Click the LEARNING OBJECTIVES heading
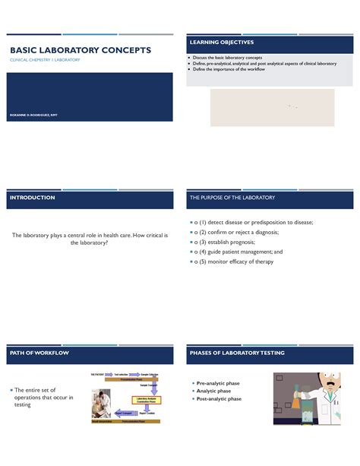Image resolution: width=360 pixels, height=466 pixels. (x=222, y=42)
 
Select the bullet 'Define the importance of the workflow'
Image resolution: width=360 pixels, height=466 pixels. (x=236, y=69)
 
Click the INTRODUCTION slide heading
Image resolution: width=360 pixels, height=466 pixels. (x=32, y=198)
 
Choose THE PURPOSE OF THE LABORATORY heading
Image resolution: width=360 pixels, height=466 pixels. (x=232, y=198)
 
